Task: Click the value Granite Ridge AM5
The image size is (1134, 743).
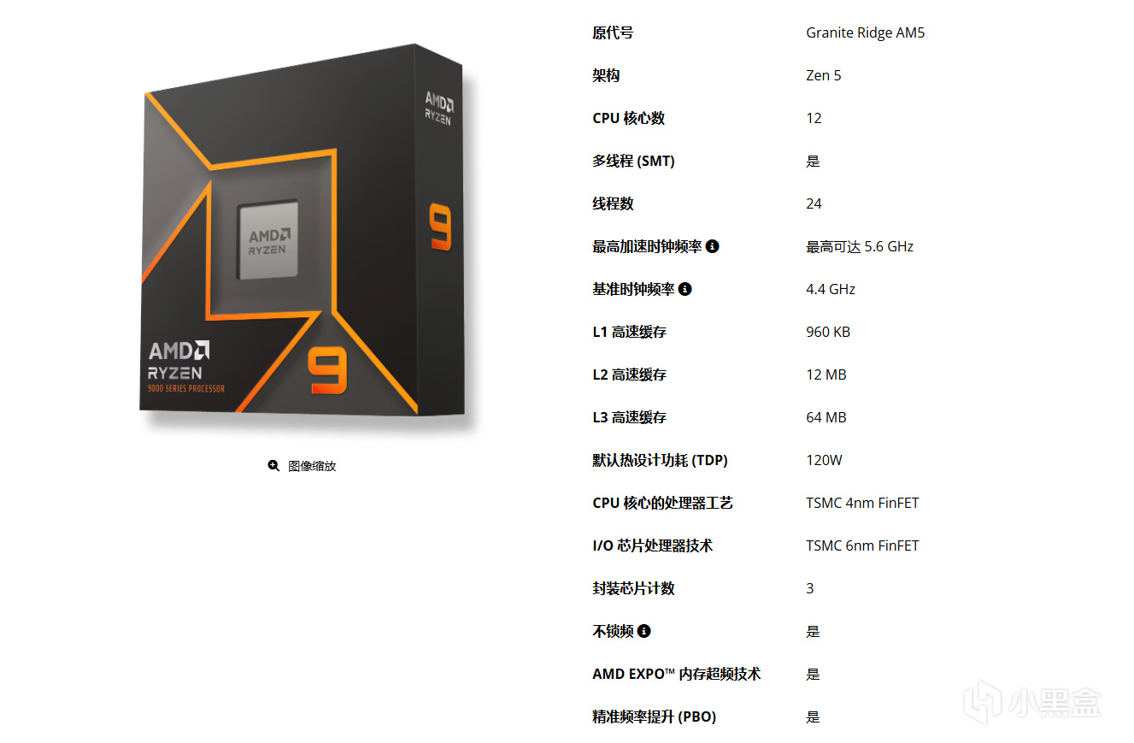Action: tap(865, 33)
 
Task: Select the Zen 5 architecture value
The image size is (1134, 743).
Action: tap(823, 75)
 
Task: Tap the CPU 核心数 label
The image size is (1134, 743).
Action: tap(628, 118)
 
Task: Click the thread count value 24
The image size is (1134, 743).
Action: tap(814, 203)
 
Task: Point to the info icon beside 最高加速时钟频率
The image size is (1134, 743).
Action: tap(713, 246)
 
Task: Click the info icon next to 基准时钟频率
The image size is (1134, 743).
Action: tap(685, 289)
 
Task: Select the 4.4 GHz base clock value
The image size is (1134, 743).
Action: tap(831, 289)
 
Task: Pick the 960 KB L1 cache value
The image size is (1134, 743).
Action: tap(828, 332)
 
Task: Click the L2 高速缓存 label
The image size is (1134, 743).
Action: tap(629, 374)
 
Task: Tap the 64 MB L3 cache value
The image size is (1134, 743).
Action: tap(826, 417)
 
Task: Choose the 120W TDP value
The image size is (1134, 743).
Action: tap(824, 460)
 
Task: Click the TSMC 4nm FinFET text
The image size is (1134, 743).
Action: tap(862, 503)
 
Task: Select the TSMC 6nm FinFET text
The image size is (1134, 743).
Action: tap(862, 545)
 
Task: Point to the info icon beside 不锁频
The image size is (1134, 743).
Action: tap(644, 631)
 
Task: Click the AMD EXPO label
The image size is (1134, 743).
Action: tap(676, 674)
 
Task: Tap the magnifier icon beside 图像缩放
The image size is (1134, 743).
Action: tap(273, 465)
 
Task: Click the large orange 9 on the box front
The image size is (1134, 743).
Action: tap(328, 370)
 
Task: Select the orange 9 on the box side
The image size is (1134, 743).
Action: tap(440, 227)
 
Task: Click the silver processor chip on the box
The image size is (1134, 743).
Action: tap(267, 239)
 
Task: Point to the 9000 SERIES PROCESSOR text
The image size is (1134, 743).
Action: tap(185, 388)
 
